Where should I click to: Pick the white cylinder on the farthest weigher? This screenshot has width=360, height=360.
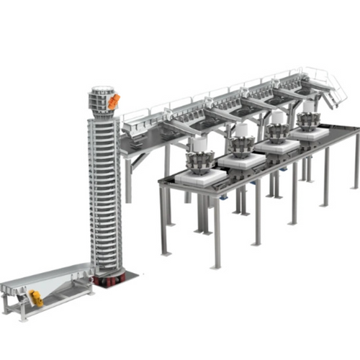[309, 107]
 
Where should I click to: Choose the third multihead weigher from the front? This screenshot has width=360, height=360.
[276, 130]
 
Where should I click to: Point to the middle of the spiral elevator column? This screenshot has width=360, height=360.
[105, 187]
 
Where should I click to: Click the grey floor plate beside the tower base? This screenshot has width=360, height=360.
[130, 274]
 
